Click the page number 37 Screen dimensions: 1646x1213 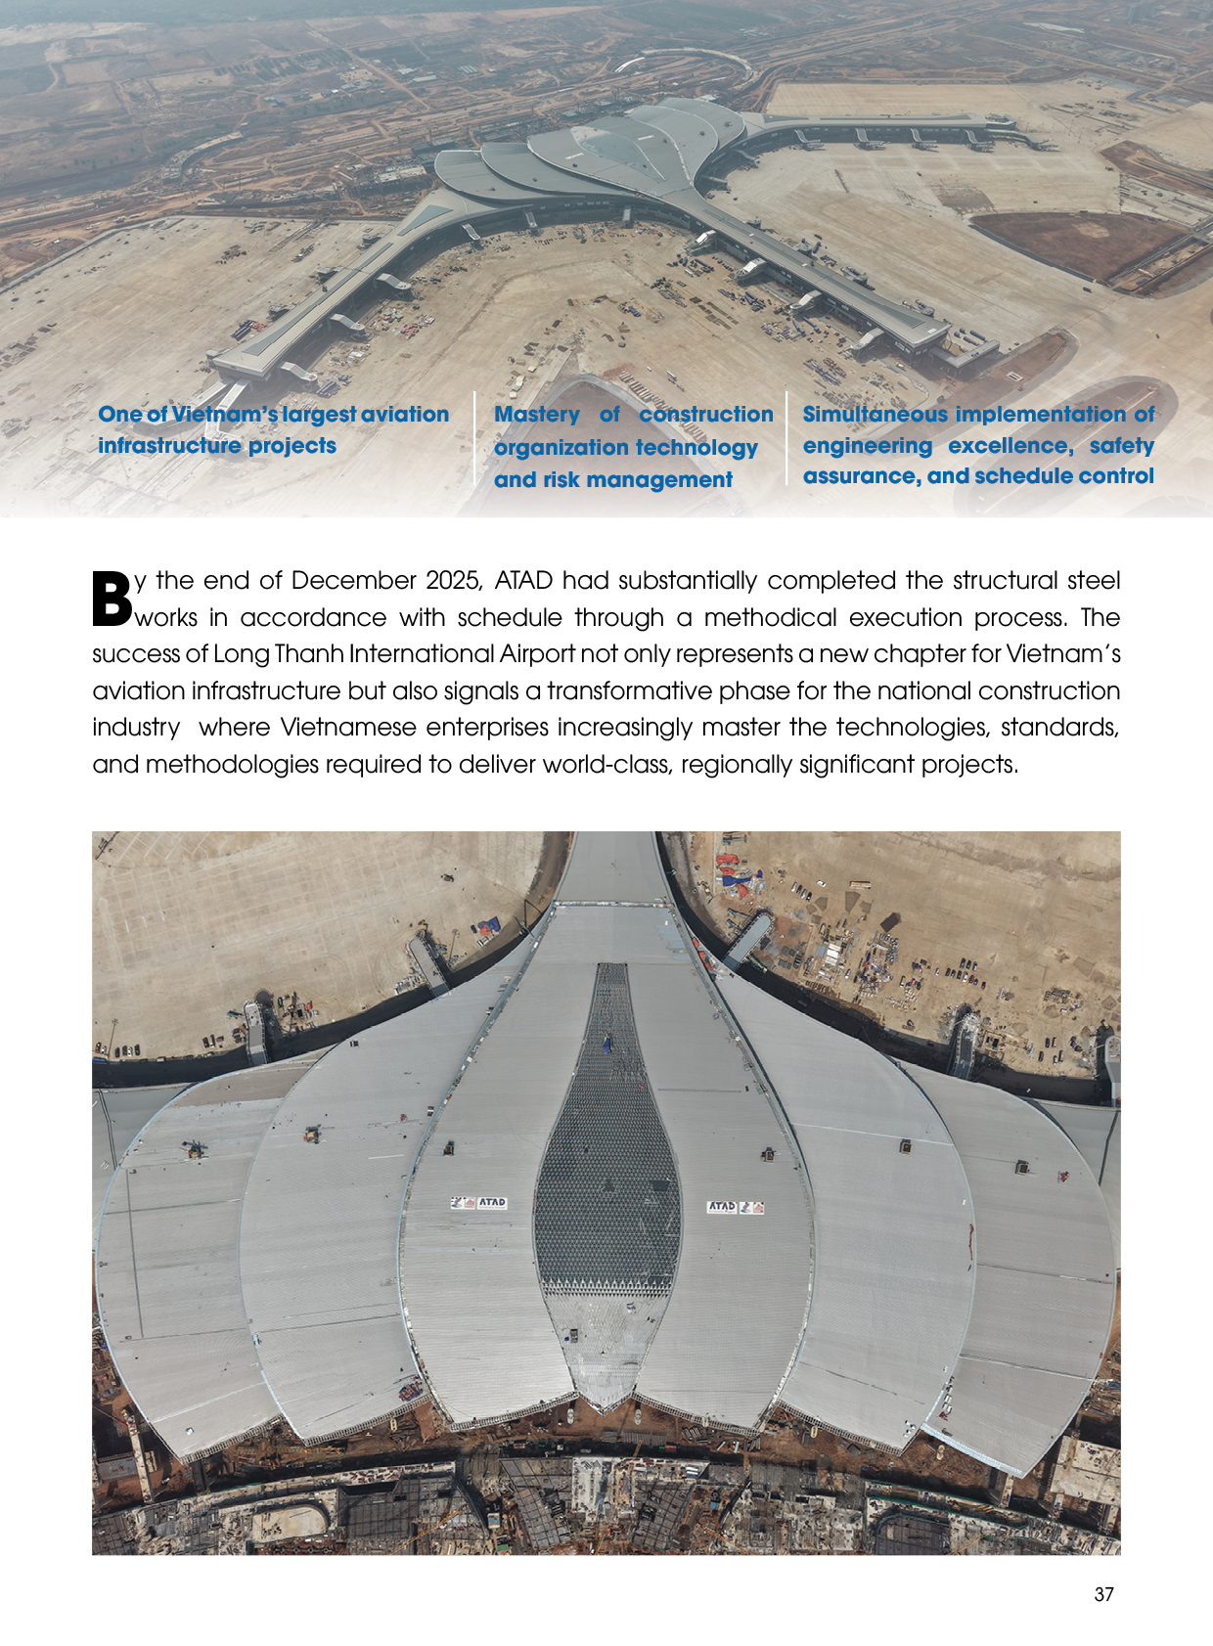click(x=1103, y=1594)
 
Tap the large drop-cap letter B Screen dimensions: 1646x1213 click(x=112, y=598)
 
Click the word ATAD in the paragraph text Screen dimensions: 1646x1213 click(x=523, y=581)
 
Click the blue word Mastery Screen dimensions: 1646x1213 click(x=537, y=415)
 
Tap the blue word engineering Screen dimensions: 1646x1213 click(x=867, y=446)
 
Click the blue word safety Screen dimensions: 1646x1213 click(x=1121, y=446)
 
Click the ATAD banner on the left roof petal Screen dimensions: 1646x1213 click(x=478, y=1203)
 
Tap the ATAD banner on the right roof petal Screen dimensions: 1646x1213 click(x=735, y=1207)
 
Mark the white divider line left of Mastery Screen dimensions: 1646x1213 click(x=474, y=439)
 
